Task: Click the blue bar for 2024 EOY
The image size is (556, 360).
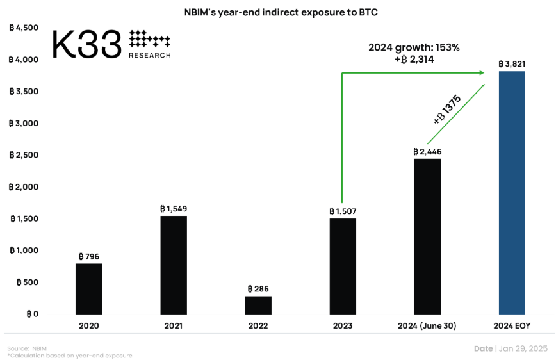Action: pyautogui.click(x=511, y=193)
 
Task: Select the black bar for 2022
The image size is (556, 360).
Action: pyautogui.click(x=258, y=305)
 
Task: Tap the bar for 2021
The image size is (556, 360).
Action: pyautogui.click(x=174, y=265)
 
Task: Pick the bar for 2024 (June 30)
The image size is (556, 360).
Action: pyautogui.click(x=427, y=236)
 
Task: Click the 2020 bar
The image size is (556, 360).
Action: pyautogui.click(x=89, y=289)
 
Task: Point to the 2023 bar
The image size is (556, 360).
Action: pyautogui.click(x=343, y=266)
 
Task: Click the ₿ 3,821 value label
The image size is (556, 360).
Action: pyautogui.click(x=512, y=64)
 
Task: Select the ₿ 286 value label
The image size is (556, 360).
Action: pyautogui.click(x=258, y=289)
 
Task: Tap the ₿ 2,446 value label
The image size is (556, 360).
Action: pyautogui.click(x=427, y=152)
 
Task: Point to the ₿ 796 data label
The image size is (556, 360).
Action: pyautogui.click(x=89, y=256)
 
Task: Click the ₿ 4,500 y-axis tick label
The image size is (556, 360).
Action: pyautogui.click(x=24, y=28)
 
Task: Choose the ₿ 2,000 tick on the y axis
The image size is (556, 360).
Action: pyautogui.click(x=24, y=187)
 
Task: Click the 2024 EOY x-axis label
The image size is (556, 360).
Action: pyautogui.click(x=512, y=326)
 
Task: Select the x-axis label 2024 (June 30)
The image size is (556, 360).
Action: pyautogui.click(x=427, y=326)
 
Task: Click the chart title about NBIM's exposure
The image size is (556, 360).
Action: pyautogui.click(x=277, y=13)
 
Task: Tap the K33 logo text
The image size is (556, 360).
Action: pyautogui.click(x=86, y=44)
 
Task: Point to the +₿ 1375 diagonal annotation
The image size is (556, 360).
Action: pyautogui.click(x=447, y=110)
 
